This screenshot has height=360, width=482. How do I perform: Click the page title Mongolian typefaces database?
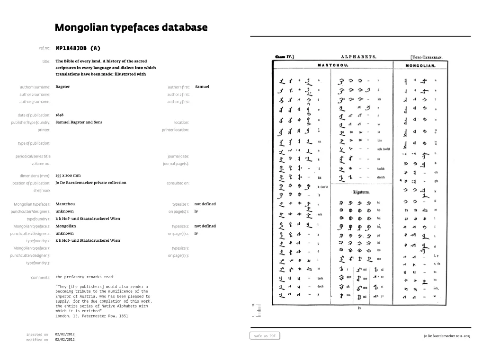pyautogui.click(x=131, y=27)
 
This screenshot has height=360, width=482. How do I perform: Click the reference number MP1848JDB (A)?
pyautogui.click(x=78, y=48)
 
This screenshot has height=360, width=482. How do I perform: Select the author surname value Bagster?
pyautogui.click(x=62, y=87)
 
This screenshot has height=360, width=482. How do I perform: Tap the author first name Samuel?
pyautogui.click(x=202, y=87)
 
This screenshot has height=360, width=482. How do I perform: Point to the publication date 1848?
pyautogui.click(x=60, y=115)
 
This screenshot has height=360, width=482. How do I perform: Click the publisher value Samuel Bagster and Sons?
pyautogui.click(x=79, y=122)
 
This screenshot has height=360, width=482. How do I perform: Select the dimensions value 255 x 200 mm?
pyautogui.click(x=68, y=176)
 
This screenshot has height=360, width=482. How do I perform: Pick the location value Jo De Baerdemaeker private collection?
pyautogui.click(x=91, y=183)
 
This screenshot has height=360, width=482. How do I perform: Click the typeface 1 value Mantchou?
pyautogui.click(x=65, y=204)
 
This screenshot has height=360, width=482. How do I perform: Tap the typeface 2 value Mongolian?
pyautogui.click(x=66, y=226)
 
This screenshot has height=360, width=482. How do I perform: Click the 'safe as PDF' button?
pyautogui.click(x=265, y=336)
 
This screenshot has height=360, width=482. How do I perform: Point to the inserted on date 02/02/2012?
pyautogui.click(x=65, y=334)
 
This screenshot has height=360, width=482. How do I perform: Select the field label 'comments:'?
pyautogui.click(x=41, y=278)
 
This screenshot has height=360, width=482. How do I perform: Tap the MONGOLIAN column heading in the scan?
pyautogui.click(x=420, y=66)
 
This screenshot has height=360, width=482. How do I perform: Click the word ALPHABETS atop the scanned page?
pyautogui.click(x=358, y=57)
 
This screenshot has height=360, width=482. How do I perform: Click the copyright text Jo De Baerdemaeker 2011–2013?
pyautogui.click(x=447, y=336)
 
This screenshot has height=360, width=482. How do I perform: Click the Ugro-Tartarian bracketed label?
pyautogui.click(x=426, y=57)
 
